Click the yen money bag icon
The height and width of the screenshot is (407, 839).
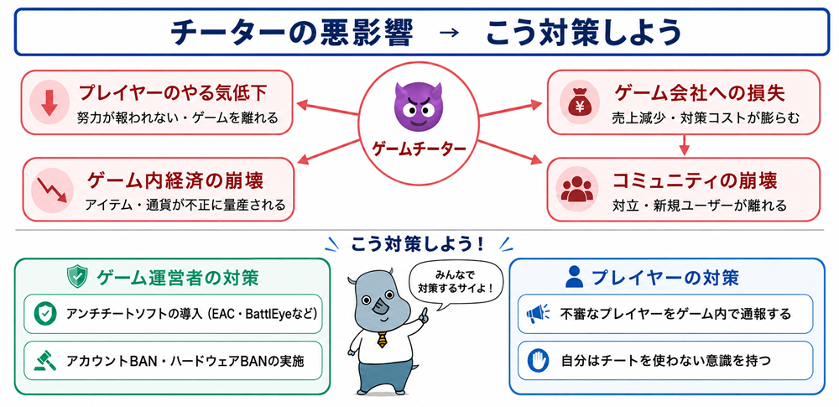576,102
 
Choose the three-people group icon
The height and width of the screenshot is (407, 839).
576,189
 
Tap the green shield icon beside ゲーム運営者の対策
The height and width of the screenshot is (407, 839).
77,278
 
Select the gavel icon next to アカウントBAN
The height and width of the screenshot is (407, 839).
45,360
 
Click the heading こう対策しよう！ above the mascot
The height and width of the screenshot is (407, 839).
417,244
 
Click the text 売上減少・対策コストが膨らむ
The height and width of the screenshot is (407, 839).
706,118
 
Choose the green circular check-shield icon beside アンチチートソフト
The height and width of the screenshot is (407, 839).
45,314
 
